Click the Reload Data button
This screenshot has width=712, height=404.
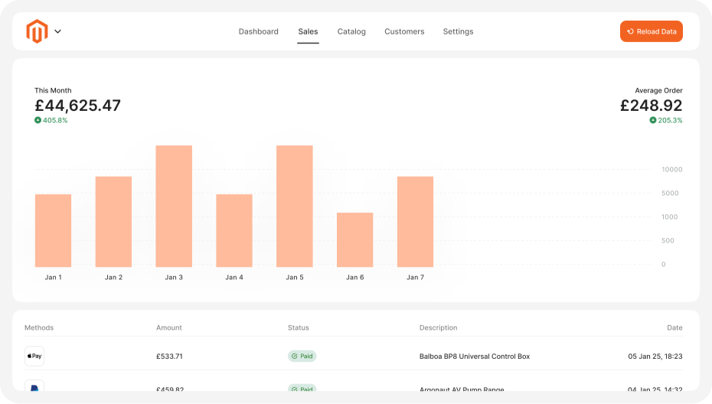point(651,31)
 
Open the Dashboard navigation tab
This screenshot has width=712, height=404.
point(258,31)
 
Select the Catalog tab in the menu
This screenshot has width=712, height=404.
point(351,31)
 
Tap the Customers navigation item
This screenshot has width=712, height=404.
point(404,31)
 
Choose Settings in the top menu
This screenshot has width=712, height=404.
point(458,31)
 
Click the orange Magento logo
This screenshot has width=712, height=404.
point(37,31)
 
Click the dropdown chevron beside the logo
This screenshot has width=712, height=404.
point(57,31)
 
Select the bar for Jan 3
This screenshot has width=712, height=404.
point(174,206)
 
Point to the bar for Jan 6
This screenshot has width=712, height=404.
point(354,239)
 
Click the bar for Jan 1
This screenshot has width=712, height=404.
point(53,230)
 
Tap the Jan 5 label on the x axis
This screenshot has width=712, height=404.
point(295,277)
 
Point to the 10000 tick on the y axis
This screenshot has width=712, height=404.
point(671,169)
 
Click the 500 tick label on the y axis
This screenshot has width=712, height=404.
point(668,240)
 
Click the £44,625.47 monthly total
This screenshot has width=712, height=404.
point(77,106)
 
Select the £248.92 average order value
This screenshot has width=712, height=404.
point(651,106)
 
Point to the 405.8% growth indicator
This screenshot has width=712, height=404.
point(51,120)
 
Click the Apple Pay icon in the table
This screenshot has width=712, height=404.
point(34,356)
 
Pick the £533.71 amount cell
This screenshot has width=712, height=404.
point(169,356)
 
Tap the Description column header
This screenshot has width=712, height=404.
point(438,327)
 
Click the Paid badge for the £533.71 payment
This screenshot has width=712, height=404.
point(302,356)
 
